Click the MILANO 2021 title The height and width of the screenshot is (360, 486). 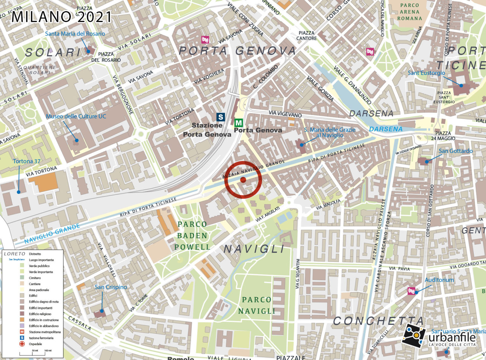[x=62, y=17]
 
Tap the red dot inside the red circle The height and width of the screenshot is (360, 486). [x=243, y=180]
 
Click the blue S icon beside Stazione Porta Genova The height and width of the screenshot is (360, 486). [x=221, y=117]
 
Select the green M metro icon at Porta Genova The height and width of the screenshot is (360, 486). [x=239, y=123]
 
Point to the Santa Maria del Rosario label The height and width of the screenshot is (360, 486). [x=75, y=34]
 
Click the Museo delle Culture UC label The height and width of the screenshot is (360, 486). [x=76, y=116]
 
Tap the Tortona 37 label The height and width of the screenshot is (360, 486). [x=27, y=161]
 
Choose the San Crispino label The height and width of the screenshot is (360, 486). [x=111, y=287]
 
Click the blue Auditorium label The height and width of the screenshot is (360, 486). [x=439, y=280]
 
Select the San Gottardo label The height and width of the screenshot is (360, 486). [x=455, y=151]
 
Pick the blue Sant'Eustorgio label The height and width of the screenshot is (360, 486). [x=426, y=73]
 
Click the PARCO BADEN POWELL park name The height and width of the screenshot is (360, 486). [x=192, y=236]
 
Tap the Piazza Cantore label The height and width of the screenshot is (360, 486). [x=306, y=35]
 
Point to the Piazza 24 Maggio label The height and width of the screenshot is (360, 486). [x=443, y=136]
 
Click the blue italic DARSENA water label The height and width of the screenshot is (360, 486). [x=386, y=129]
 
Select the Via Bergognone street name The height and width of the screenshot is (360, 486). [x=123, y=95]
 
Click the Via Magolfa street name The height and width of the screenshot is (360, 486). [x=328, y=205]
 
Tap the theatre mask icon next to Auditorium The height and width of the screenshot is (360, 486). [x=411, y=291]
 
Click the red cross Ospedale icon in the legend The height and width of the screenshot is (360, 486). [x=22, y=344]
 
